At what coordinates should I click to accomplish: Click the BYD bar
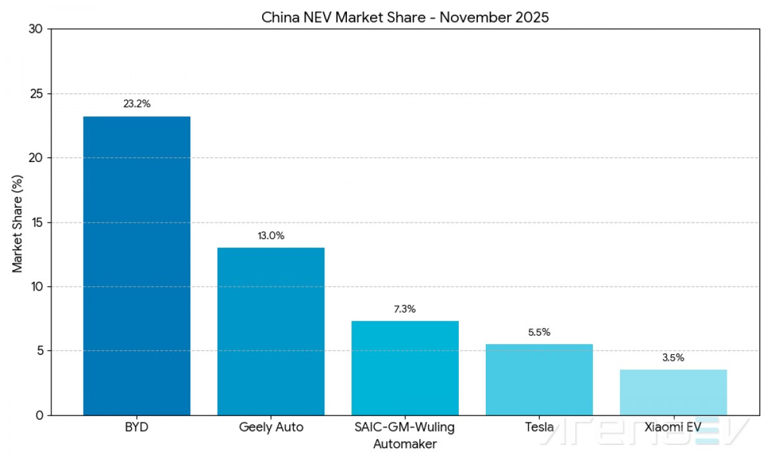tap(137, 266)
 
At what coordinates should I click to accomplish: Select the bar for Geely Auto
tap(270, 331)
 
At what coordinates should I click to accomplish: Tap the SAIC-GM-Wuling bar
tap(405, 368)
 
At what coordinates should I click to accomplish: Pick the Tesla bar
tap(539, 379)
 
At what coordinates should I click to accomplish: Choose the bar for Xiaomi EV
tap(673, 392)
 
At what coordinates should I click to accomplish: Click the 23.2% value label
tap(137, 104)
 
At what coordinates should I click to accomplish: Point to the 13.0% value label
tap(270, 236)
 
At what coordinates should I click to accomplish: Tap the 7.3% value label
tap(405, 309)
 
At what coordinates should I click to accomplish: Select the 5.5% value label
tap(539, 332)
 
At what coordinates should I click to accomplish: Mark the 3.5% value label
tap(673, 358)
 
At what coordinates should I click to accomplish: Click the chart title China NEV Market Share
tap(405, 17)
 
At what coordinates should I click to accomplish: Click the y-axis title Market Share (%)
tap(17, 222)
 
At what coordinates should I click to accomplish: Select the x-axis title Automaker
tap(405, 444)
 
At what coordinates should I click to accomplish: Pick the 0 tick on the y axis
tap(39, 415)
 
